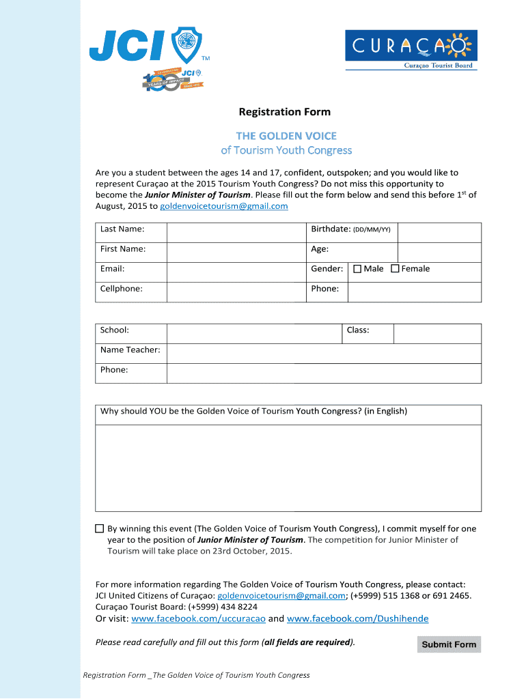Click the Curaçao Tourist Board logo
(411, 50)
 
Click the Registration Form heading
(283, 112)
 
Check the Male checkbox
(357, 269)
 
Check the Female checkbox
(395, 269)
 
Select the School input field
(253, 333)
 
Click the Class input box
(437, 333)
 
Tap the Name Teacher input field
(324, 353)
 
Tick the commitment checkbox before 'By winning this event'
(100, 528)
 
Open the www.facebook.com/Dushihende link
(357, 618)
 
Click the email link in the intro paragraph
(223, 205)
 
